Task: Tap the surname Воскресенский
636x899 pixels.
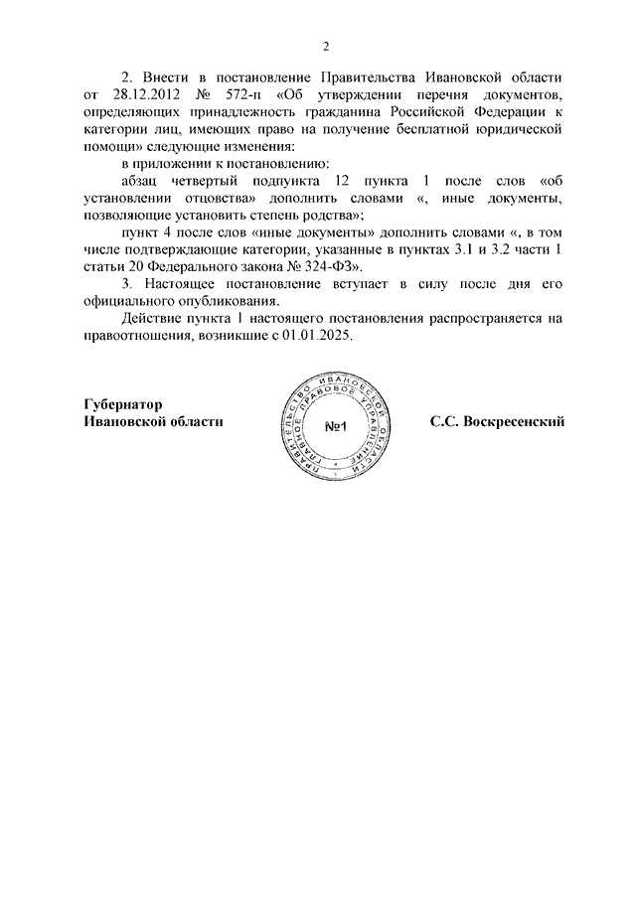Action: pos(514,422)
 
